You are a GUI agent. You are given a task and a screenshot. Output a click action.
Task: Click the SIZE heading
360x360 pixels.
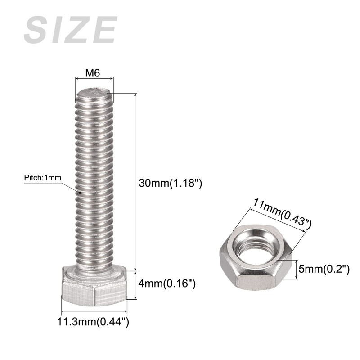click(x=71, y=30)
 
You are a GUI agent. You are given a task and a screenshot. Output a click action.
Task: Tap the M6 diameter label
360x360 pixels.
click(x=93, y=73)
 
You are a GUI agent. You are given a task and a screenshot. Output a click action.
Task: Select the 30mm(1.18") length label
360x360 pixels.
click(x=171, y=183)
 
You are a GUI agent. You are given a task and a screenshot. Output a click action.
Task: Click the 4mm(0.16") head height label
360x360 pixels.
click(x=167, y=284)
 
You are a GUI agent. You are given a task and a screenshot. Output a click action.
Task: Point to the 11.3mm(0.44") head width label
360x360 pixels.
click(x=93, y=321)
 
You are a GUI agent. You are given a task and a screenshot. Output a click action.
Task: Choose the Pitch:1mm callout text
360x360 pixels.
click(x=43, y=178)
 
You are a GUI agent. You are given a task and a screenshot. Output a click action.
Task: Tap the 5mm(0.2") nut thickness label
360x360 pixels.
click(x=324, y=269)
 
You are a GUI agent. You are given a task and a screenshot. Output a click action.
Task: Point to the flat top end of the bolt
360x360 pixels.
click(x=94, y=92)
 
